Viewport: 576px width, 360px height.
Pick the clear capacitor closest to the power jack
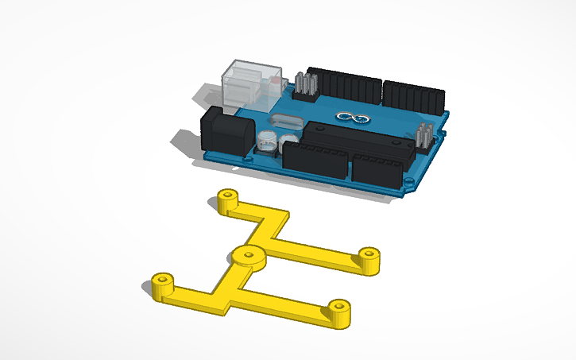tap(265, 142)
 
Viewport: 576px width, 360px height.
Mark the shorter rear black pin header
tap(413, 96)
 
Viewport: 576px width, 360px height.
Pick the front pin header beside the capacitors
tap(316, 161)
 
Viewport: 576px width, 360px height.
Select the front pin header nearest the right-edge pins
tap(377, 171)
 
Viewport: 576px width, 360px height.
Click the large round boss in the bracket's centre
tap(248, 257)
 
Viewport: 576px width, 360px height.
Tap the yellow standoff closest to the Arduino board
tap(229, 199)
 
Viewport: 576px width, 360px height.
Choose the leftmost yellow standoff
tap(163, 285)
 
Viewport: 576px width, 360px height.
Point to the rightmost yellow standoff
tap(368, 257)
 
